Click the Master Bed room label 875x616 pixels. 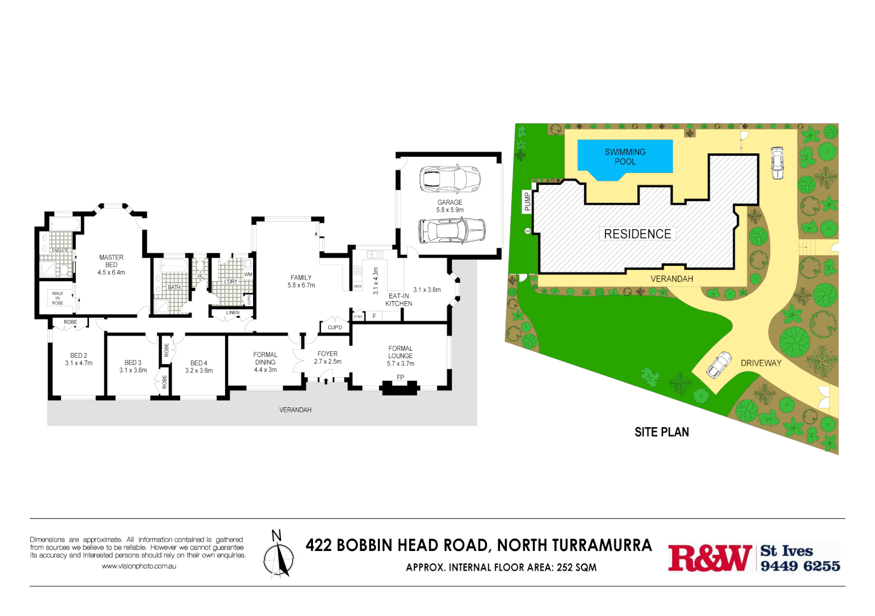pyautogui.click(x=111, y=261)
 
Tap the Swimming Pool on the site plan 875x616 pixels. pyautogui.click(x=625, y=157)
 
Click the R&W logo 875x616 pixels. pyautogui.click(x=710, y=558)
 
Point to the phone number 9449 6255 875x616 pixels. pyautogui.click(x=800, y=566)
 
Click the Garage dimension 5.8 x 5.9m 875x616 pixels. pyautogui.click(x=450, y=210)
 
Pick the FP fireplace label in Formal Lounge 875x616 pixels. pyautogui.click(x=400, y=378)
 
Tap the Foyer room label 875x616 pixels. pyautogui.click(x=327, y=354)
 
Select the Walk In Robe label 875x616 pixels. pyautogui.click(x=58, y=298)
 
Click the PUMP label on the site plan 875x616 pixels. pyautogui.click(x=527, y=201)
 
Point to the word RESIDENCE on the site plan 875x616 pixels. pyautogui.click(x=637, y=234)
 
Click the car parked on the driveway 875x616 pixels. pyautogui.click(x=719, y=364)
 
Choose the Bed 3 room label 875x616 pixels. pyautogui.click(x=133, y=363)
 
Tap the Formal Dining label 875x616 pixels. pyautogui.click(x=265, y=358)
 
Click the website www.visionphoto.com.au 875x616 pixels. pyautogui.click(x=139, y=566)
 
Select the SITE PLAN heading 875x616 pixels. pyautogui.click(x=662, y=432)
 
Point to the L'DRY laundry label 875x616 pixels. pyautogui.click(x=230, y=282)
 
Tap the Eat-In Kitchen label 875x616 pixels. pyautogui.click(x=398, y=300)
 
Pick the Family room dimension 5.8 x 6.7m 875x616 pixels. pyautogui.click(x=301, y=285)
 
